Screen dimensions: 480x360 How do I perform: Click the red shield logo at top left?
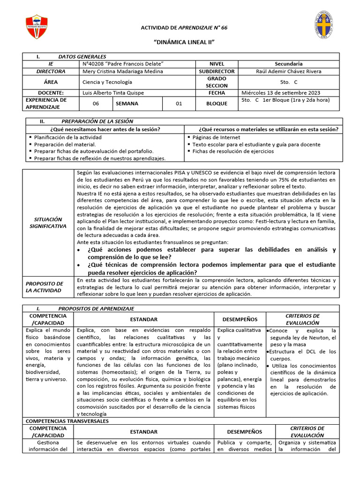[x=36, y=27]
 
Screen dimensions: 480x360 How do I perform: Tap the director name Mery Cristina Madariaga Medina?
[x=122, y=71]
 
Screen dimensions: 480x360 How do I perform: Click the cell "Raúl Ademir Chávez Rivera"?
[x=288, y=71]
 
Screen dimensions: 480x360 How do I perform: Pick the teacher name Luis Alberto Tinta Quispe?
[x=113, y=93]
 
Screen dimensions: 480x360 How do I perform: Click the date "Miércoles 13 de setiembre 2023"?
[x=282, y=93]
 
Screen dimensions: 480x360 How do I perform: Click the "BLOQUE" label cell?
[x=217, y=104]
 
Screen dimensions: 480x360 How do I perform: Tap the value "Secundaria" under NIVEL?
[x=288, y=64]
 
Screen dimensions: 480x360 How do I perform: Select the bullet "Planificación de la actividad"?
[x=67, y=137]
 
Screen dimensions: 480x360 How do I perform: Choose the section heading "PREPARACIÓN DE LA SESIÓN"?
[x=96, y=121]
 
